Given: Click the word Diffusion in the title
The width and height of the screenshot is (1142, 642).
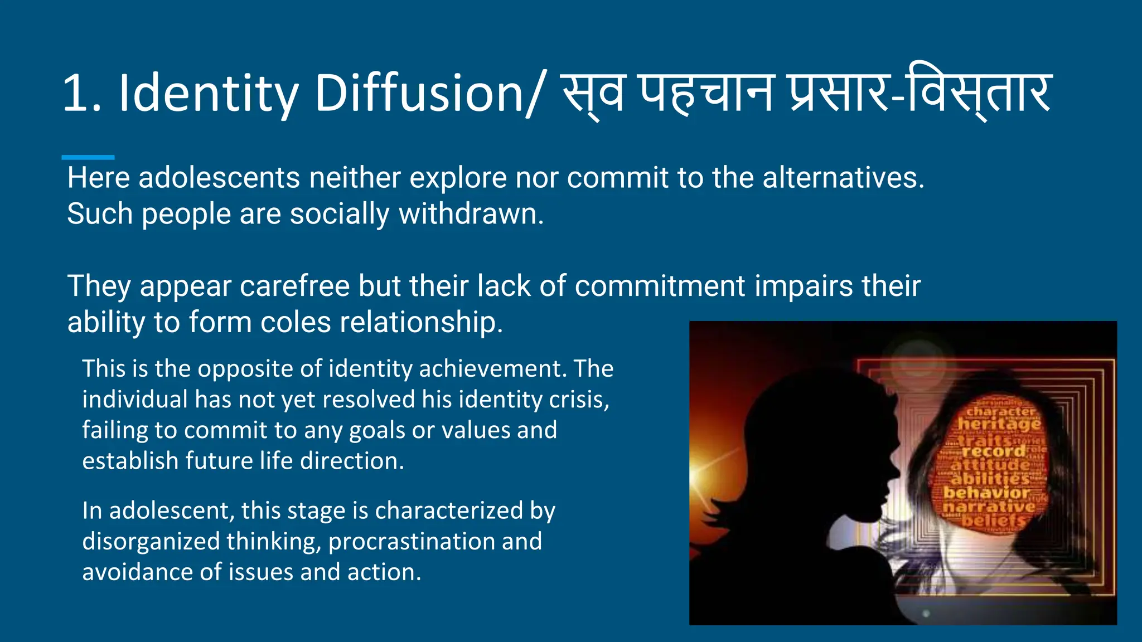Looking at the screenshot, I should [418, 93].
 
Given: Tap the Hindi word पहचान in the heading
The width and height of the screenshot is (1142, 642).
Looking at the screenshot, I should [706, 93].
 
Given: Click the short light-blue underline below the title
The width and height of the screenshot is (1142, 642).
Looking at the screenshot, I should [88, 157].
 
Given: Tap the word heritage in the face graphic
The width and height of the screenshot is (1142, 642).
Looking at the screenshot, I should [999, 425].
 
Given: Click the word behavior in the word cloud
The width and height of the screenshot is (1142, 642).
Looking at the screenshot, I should [986, 493].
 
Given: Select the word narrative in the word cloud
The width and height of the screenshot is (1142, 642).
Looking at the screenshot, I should [988, 507].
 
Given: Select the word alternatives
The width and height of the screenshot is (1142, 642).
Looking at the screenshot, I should [843, 178].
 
